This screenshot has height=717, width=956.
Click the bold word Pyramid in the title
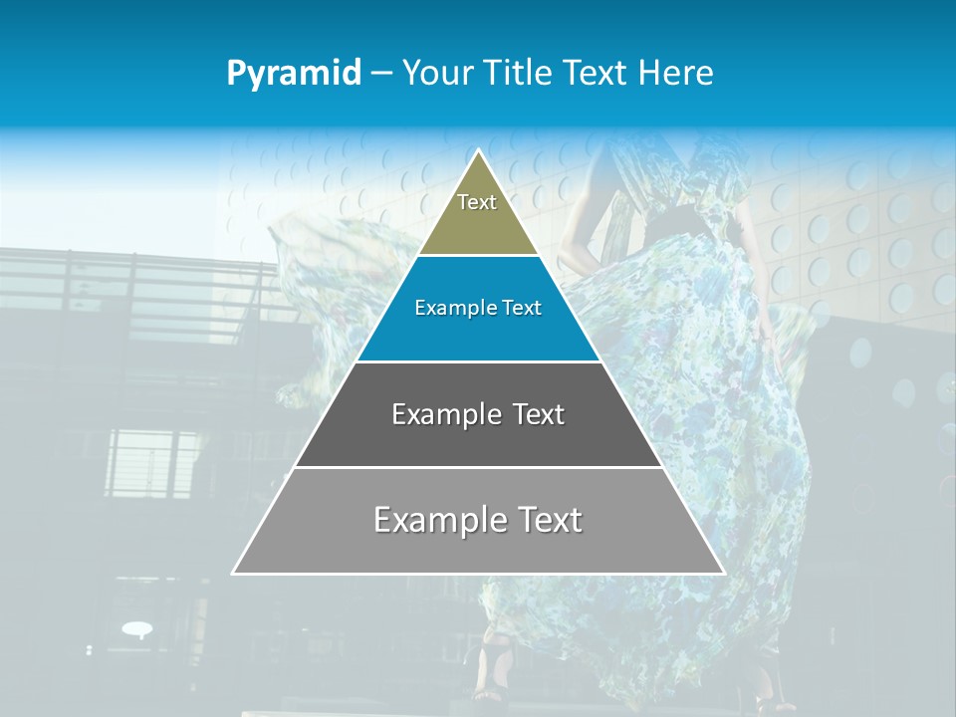(294, 74)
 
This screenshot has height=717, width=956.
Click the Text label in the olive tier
(477, 202)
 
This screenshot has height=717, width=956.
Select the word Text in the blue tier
(523, 309)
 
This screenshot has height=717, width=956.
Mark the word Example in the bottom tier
(438, 520)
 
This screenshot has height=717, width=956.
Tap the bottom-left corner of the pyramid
(234, 573)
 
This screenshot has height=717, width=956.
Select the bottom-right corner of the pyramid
(723, 573)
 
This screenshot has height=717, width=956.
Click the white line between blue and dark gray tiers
(478, 361)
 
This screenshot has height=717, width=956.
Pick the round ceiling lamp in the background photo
(136, 628)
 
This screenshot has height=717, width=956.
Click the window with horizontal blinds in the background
(151, 463)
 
